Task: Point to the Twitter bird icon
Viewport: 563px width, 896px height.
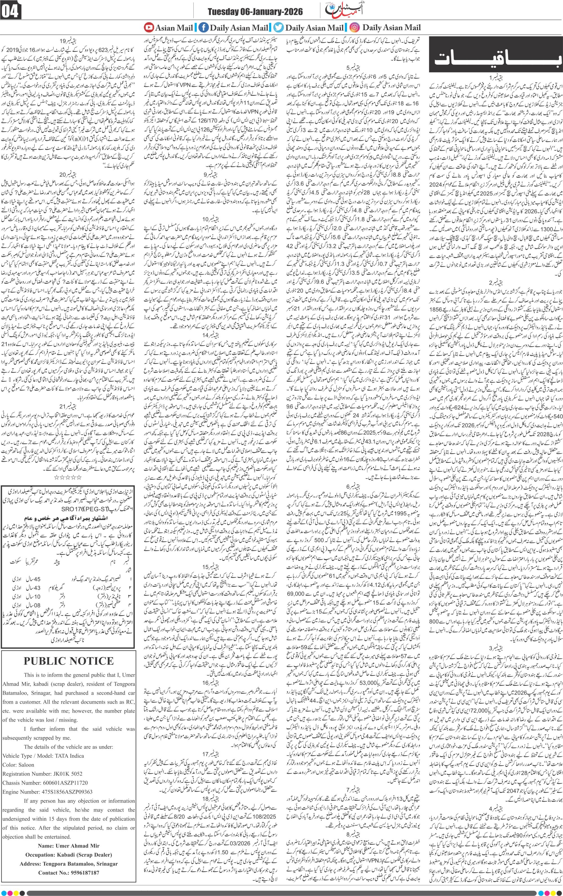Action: point(278,27)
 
